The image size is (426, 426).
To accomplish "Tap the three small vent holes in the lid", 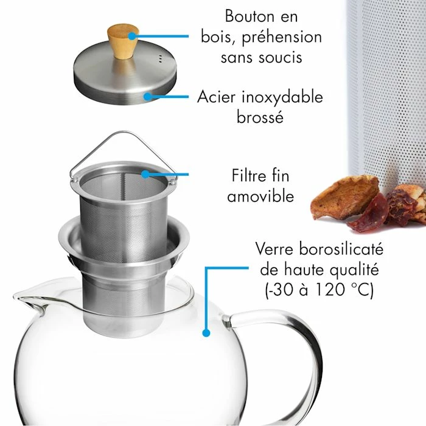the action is (x=160, y=58).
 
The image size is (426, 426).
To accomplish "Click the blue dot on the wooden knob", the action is (x=132, y=36).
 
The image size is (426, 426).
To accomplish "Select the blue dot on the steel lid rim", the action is (x=147, y=96).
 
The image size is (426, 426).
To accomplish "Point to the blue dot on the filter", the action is (x=145, y=174).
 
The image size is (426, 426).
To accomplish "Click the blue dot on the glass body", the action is (x=206, y=332).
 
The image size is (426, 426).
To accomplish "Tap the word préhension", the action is (x=282, y=38).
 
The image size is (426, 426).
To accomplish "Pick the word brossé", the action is (x=260, y=117).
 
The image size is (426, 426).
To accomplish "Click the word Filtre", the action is (x=249, y=175).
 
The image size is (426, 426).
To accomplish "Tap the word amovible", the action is (x=260, y=196).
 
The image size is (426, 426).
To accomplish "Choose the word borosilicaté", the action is (x=341, y=249).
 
